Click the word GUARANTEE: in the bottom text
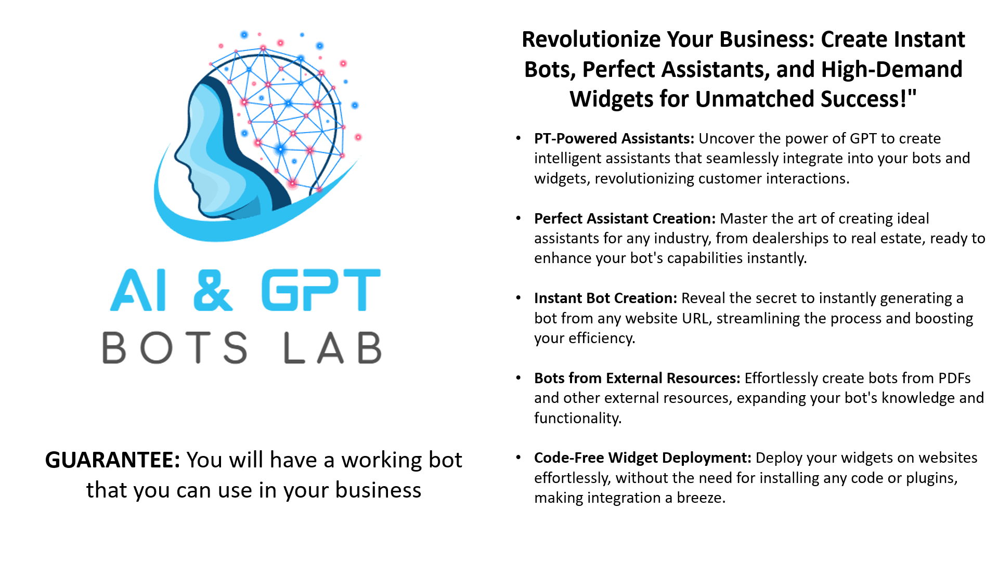pos(113,460)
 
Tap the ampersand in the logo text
pos(213,290)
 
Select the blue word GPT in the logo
pos(321,290)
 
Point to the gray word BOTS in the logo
pos(175,347)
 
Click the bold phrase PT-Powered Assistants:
pos(614,139)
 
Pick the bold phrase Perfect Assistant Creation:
pos(625,219)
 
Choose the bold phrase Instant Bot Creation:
pos(605,298)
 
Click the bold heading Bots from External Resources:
pos(637,379)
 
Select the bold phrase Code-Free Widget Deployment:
pos(643,458)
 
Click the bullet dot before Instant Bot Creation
pos(519,298)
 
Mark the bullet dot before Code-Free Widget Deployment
pos(519,458)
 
